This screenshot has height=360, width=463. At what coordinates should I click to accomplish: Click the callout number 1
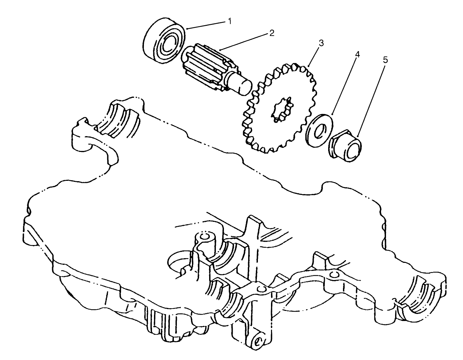tap(230, 21)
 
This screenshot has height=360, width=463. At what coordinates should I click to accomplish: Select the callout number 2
tap(272, 33)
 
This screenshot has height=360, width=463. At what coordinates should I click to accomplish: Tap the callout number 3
tap(321, 43)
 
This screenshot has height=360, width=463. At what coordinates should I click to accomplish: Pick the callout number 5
tap(385, 60)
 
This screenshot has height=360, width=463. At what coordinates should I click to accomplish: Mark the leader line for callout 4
tap(345, 85)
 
